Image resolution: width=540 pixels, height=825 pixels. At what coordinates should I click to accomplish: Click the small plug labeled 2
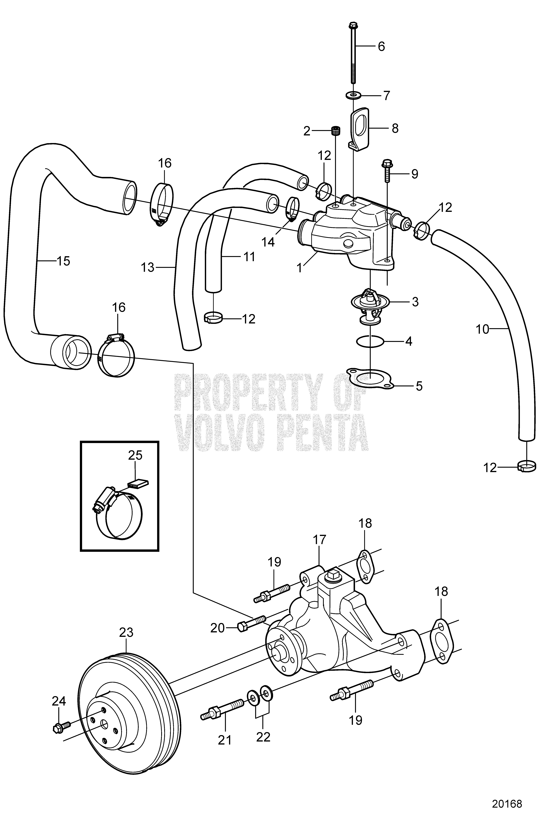click(335, 131)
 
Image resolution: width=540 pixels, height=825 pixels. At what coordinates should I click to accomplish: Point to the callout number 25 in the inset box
click(135, 455)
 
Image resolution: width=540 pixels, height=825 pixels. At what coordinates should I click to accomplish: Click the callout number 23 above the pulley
click(126, 632)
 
